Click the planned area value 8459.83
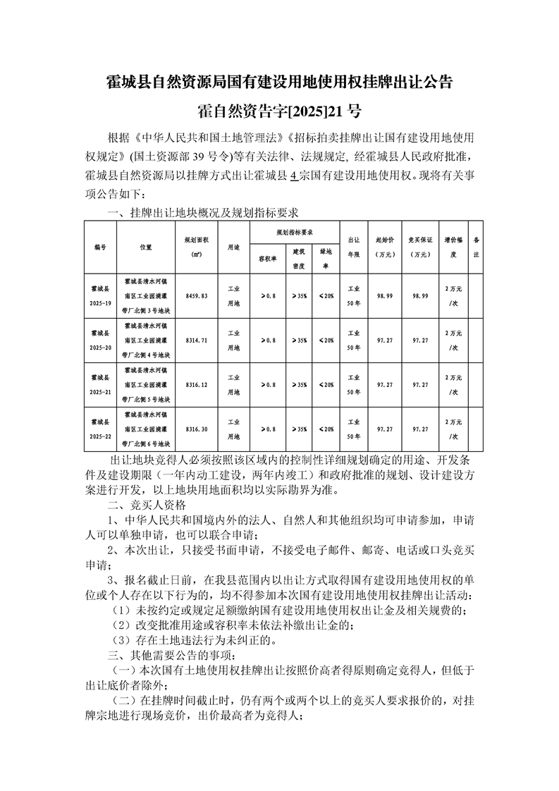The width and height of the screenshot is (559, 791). tap(196, 297)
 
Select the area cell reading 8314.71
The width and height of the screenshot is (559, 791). tap(196, 341)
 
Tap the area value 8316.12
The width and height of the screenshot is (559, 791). tap(196, 385)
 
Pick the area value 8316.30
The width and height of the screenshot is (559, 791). tap(196, 429)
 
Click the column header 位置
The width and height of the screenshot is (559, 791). tap(146, 247)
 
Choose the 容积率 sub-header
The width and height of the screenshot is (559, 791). tap(262, 258)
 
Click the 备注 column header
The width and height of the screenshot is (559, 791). tap(476, 247)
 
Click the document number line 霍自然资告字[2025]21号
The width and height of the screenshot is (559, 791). tap(279, 111)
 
